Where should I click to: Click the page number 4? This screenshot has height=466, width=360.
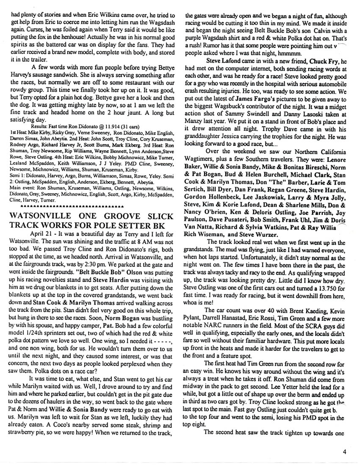(x=346, y=452)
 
